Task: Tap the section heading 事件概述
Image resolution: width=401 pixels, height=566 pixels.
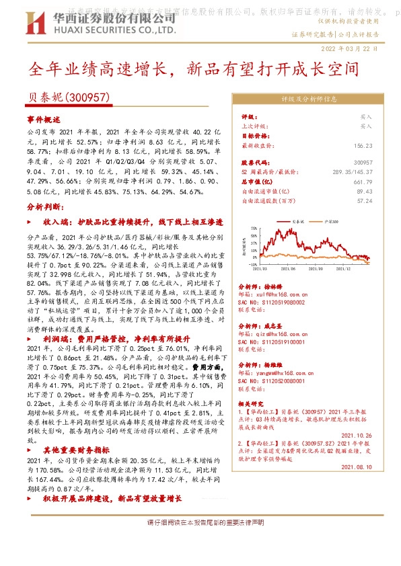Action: [x=44, y=118]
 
